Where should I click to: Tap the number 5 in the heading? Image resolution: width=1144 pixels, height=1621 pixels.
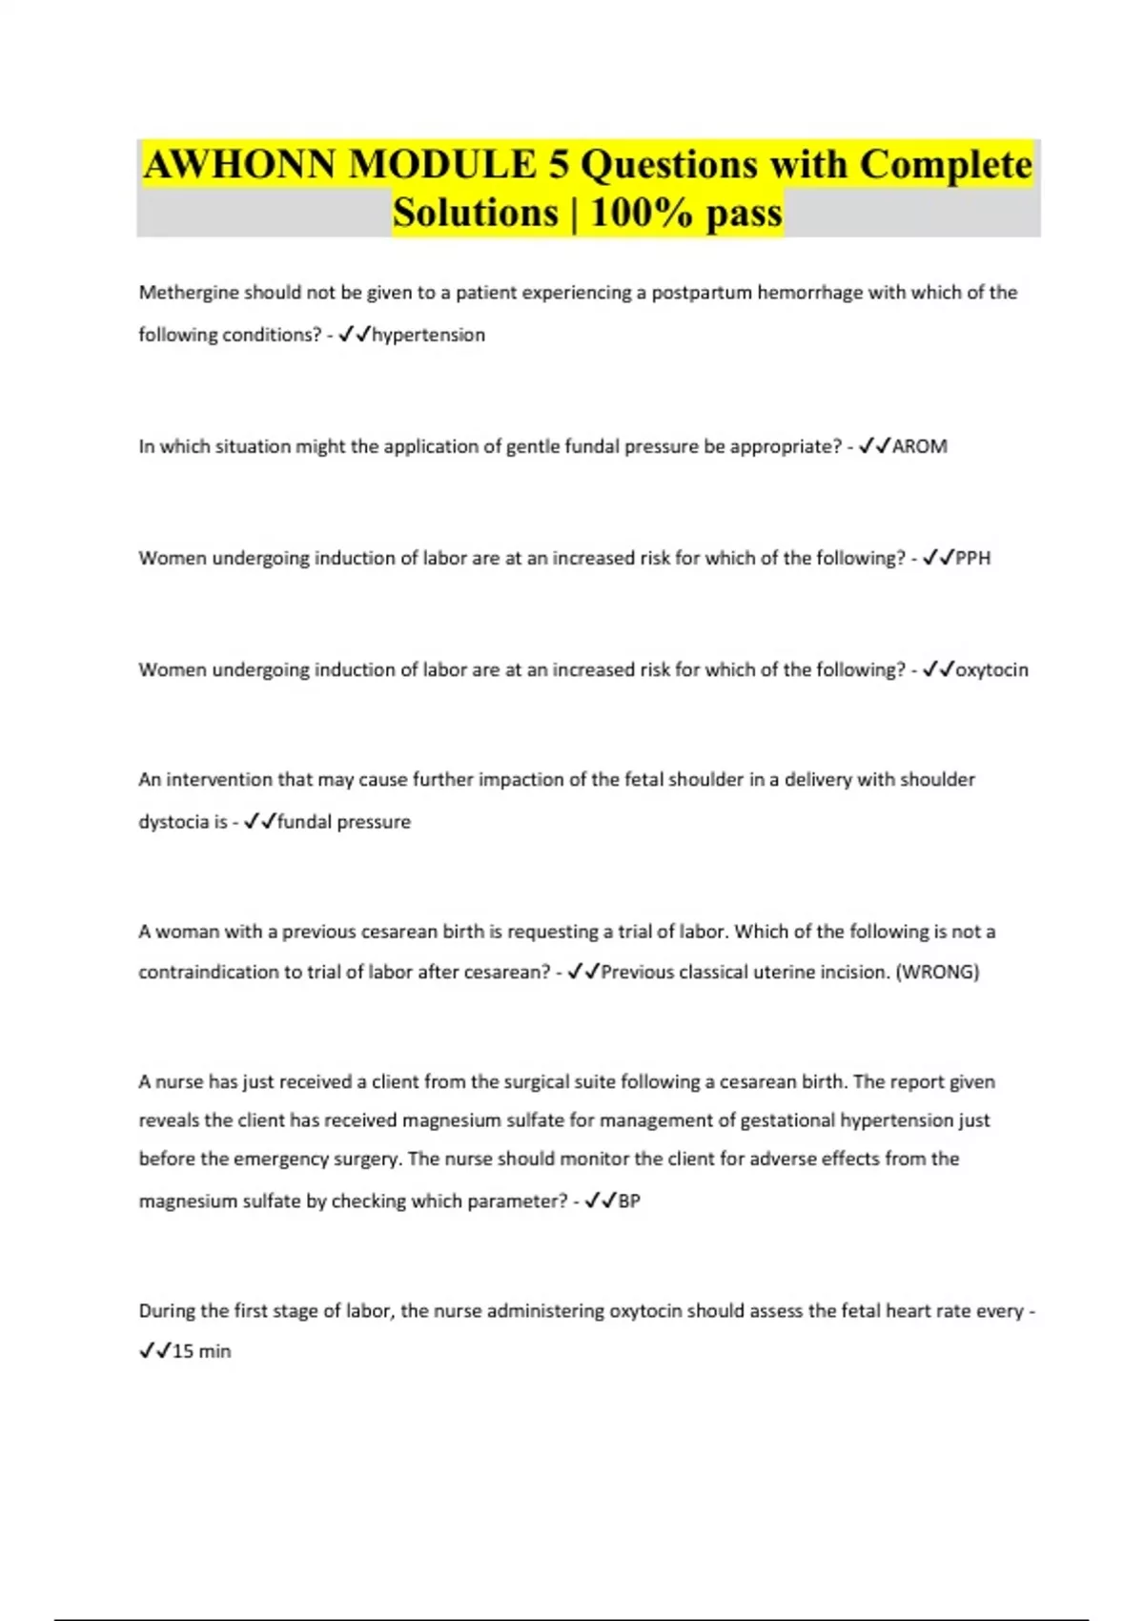pyautogui.click(x=559, y=165)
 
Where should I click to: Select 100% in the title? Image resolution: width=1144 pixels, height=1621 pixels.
pyautogui.click(x=642, y=212)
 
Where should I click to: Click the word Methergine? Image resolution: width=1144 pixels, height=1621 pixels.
pyautogui.click(x=188, y=293)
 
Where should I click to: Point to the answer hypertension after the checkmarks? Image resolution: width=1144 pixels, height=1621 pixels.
pyautogui.click(x=428, y=335)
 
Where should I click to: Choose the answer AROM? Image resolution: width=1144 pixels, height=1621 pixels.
pyautogui.click(x=919, y=446)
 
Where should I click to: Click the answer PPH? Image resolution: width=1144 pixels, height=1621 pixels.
pyautogui.click(x=972, y=558)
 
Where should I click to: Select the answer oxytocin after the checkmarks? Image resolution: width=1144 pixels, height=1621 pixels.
pyautogui.click(x=991, y=669)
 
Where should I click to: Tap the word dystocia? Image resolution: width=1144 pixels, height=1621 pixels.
pyautogui.click(x=174, y=821)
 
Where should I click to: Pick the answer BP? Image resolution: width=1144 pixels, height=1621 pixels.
pyautogui.click(x=629, y=1200)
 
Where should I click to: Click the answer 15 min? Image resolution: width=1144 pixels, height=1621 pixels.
pyautogui.click(x=201, y=1351)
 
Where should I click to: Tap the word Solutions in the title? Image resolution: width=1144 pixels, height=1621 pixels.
pyautogui.click(x=475, y=212)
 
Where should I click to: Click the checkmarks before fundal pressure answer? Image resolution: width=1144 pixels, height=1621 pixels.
pyautogui.click(x=259, y=821)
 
